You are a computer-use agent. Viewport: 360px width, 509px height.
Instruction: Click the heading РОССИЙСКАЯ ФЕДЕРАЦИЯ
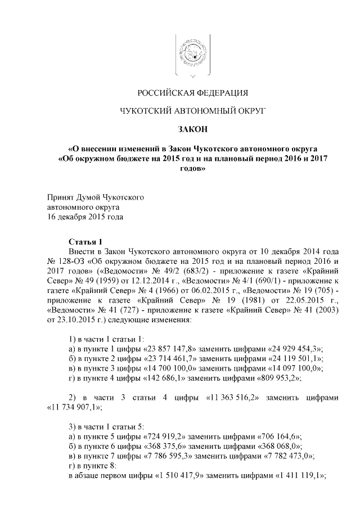point(186,92)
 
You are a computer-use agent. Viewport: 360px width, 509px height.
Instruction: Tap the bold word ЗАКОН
point(185,130)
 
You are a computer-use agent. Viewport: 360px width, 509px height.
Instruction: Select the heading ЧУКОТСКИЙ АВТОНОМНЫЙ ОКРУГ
point(186,111)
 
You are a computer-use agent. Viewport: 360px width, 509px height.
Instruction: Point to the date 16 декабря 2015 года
point(84,217)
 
